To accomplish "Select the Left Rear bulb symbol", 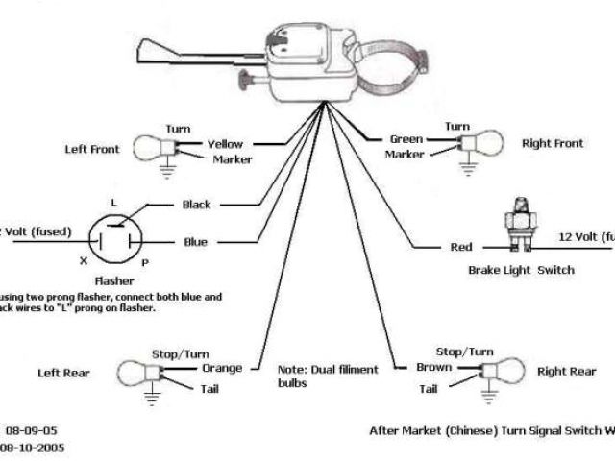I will pos(134,373).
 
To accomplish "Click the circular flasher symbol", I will pos(113,238).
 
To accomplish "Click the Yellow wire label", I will pos(227,144).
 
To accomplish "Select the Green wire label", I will pos(406,139).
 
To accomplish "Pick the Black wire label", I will pos(196,205).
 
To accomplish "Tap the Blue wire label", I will pos(195,242).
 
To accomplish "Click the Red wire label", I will pos(461,248).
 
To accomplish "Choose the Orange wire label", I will pos(221,368).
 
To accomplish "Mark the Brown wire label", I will pos(433,368).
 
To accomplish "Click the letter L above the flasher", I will pos(113,203).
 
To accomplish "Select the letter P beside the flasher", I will pos(144,261).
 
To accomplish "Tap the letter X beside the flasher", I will pos(83,261).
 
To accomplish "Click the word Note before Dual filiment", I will pos(290,369).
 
